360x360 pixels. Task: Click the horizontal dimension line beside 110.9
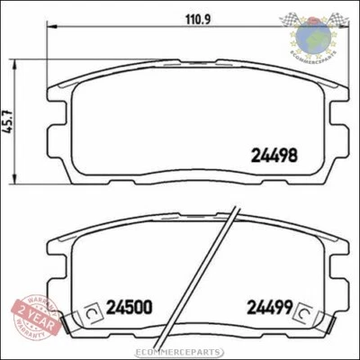click(108, 31)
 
